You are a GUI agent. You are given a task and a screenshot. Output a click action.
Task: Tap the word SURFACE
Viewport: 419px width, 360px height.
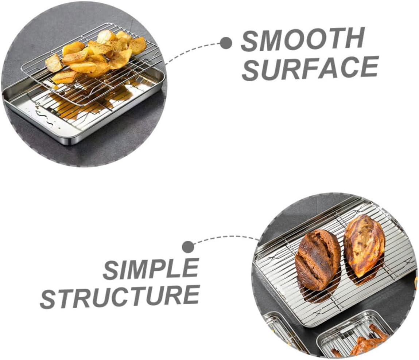tap(310, 69)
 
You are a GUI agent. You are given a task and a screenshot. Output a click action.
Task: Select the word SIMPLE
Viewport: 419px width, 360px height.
tap(150, 270)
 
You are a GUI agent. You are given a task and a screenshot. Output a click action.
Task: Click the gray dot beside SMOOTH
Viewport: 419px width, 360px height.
tap(226, 43)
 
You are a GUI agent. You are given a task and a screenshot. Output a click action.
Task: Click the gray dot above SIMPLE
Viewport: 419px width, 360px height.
tap(188, 247)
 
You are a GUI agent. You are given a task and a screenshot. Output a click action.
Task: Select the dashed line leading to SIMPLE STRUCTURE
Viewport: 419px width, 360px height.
tap(226, 238)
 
